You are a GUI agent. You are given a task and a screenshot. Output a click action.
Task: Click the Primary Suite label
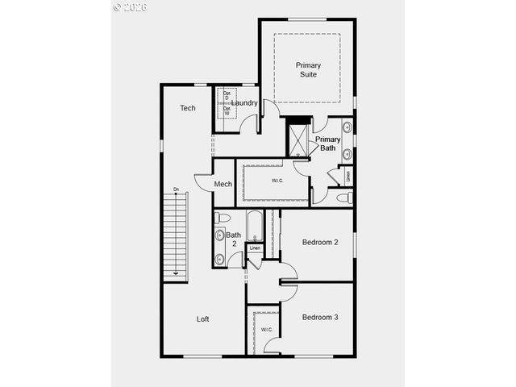(x=308, y=69)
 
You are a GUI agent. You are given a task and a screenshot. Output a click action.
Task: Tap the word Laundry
(x=244, y=102)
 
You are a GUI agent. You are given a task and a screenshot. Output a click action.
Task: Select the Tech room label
(x=188, y=108)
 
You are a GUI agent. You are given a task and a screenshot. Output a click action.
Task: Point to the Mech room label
(x=223, y=184)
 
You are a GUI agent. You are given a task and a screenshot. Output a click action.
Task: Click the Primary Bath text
(x=327, y=144)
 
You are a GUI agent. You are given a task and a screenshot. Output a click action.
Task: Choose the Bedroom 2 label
(x=320, y=242)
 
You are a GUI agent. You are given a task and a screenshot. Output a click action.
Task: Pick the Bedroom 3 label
(x=320, y=317)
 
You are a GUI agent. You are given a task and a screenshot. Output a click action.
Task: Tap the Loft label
(x=203, y=319)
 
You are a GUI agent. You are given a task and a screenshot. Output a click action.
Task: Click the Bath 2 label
(x=232, y=239)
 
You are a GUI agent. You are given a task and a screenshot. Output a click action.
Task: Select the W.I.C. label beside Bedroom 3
(x=266, y=330)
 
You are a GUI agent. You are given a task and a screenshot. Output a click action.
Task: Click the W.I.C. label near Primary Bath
(x=277, y=181)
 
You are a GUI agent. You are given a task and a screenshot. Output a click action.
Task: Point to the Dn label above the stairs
(x=176, y=190)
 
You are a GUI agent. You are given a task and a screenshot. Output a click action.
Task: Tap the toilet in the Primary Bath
(x=343, y=197)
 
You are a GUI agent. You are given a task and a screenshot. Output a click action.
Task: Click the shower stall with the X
(x=299, y=137)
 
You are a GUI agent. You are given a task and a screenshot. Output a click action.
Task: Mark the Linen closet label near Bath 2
(x=255, y=248)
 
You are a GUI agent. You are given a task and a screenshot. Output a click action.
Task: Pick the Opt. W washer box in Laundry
(x=227, y=112)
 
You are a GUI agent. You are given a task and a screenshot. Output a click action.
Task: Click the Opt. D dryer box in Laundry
(x=227, y=96)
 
